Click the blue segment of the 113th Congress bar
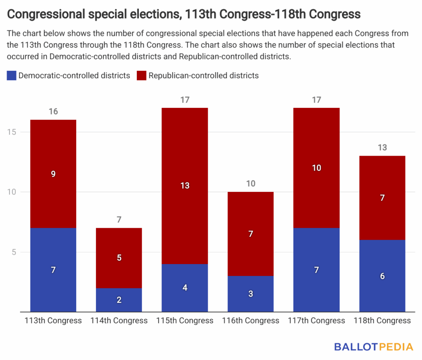[x=53, y=270]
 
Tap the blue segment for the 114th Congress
[x=119, y=299]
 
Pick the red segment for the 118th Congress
[x=382, y=198]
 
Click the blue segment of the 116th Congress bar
[x=251, y=294]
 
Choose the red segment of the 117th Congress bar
[x=316, y=168]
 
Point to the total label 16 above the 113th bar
[x=53, y=111]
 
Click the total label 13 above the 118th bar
[x=382, y=147]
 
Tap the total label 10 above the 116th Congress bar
[x=251, y=183]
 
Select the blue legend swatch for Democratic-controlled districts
[x=12, y=75]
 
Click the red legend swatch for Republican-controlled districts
[x=142, y=75]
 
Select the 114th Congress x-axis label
[x=119, y=320]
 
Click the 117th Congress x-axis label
[x=316, y=320]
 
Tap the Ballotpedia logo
[x=373, y=347]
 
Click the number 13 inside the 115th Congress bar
[x=185, y=186]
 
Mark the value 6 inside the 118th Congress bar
[x=382, y=276]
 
